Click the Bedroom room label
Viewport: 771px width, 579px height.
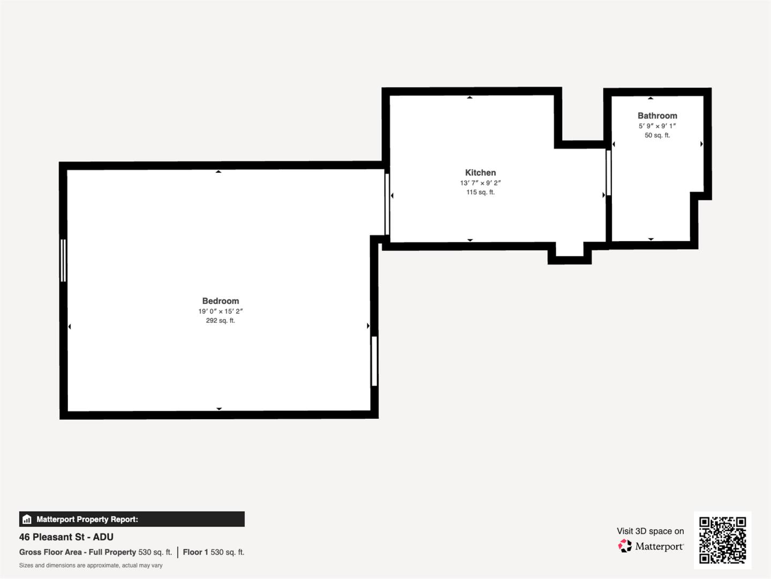tap(221, 301)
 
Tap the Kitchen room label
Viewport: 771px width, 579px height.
tap(480, 173)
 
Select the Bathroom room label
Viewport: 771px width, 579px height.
tap(657, 116)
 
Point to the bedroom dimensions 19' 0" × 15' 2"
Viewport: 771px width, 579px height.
tap(221, 311)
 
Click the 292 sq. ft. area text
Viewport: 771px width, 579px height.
tap(221, 321)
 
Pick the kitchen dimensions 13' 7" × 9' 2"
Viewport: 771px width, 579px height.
tap(480, 183)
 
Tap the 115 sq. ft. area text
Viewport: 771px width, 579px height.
tap(480, 192)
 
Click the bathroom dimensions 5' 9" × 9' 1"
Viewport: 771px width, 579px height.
tap(657, 126)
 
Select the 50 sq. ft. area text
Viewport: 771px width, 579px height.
tap(657, 135)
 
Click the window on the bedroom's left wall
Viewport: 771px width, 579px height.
tap(63, 260)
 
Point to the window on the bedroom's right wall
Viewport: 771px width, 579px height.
tap(374, 360)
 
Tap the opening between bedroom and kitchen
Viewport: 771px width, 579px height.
tap(387, 203)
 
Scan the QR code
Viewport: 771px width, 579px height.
tap(722, 540)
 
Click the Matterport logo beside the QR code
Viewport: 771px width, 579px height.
tap(651, 546)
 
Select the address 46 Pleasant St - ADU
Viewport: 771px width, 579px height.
tap(66, 537)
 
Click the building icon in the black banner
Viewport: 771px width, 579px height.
tap(27, 519)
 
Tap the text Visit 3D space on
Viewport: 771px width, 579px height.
tap(650, 531)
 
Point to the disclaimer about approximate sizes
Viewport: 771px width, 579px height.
tap(91, 565)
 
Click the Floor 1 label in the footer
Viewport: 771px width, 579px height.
tap(195, 552)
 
